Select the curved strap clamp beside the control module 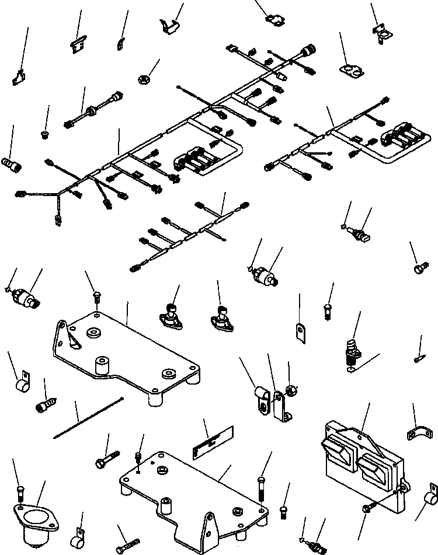click(x=418, y=434)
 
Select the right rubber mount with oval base click(x=221, y=315)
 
